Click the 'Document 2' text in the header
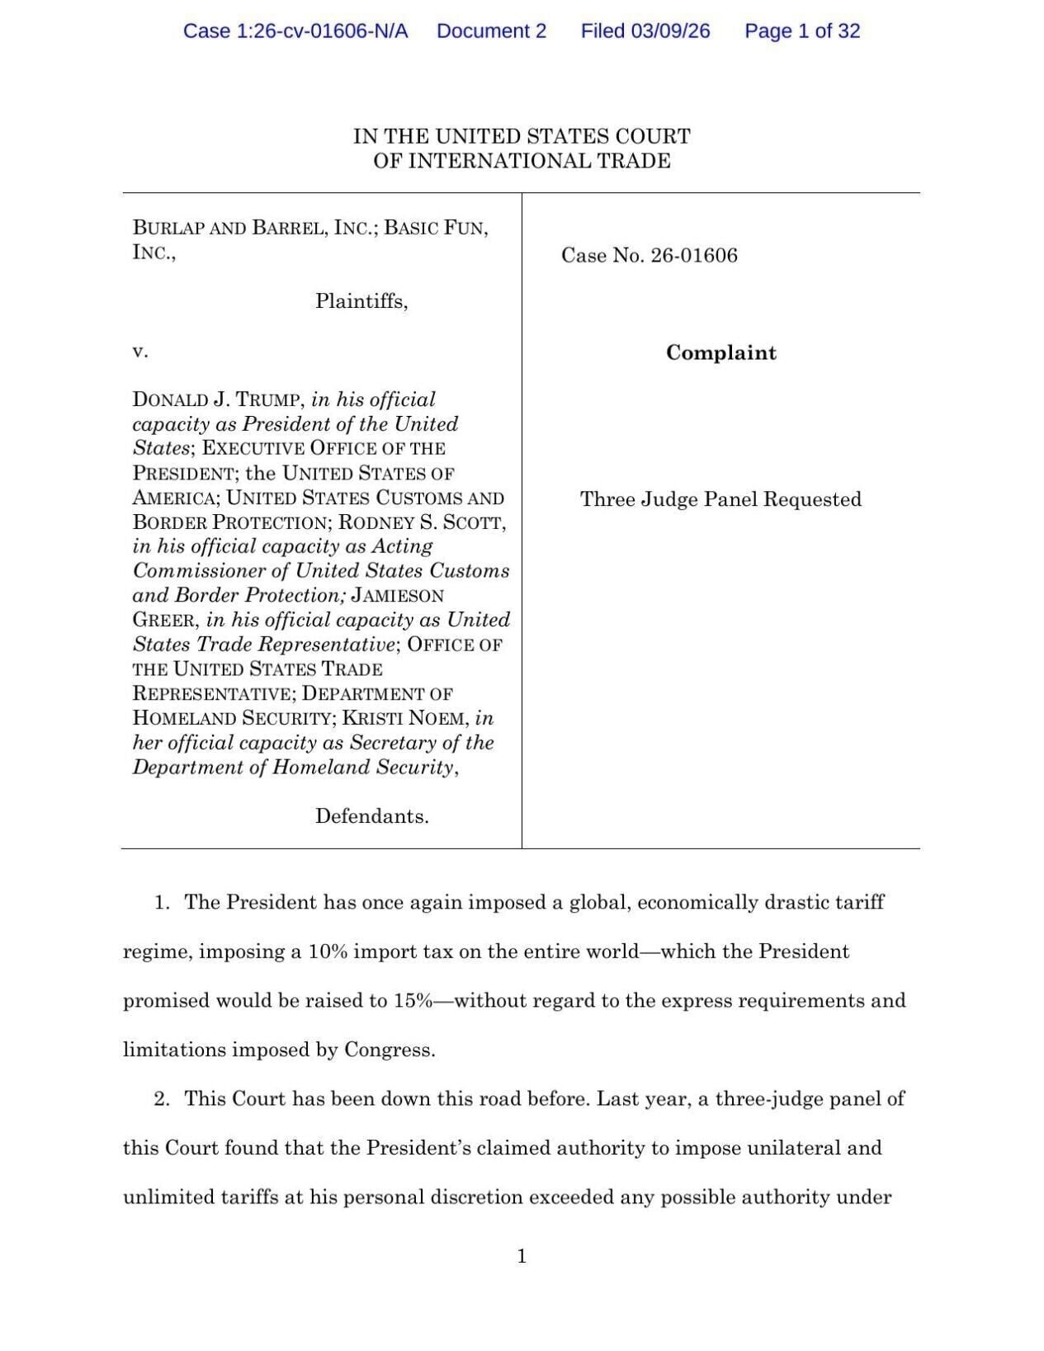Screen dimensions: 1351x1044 491,31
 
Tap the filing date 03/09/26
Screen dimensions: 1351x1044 670,31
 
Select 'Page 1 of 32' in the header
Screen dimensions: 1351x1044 802,31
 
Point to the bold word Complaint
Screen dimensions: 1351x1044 721,353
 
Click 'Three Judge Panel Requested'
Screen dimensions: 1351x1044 720,499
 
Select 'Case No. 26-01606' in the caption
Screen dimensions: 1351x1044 650,256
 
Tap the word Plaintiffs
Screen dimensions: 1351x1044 361,301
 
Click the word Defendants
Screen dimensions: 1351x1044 371,817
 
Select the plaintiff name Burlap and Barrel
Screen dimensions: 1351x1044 253,228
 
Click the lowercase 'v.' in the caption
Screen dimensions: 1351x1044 139,352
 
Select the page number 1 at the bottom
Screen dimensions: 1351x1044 522,1256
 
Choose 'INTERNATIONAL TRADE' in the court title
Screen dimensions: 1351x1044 540,161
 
